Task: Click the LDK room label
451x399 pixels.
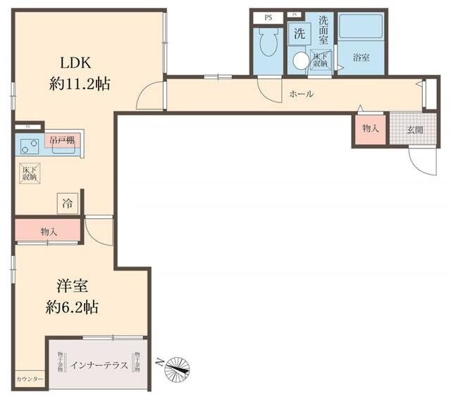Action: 73,61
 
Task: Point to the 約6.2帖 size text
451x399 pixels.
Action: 73,307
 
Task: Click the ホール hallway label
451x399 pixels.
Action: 301,95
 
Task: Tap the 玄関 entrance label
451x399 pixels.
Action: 415,129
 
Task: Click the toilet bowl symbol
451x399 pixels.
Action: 268,44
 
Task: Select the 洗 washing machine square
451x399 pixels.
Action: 299,33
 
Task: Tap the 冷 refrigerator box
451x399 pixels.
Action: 68,203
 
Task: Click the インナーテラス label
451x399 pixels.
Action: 99,365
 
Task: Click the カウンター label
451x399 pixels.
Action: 30,380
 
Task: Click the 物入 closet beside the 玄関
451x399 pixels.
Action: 370,129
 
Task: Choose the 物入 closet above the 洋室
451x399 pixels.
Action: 49,231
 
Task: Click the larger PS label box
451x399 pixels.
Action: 268,17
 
